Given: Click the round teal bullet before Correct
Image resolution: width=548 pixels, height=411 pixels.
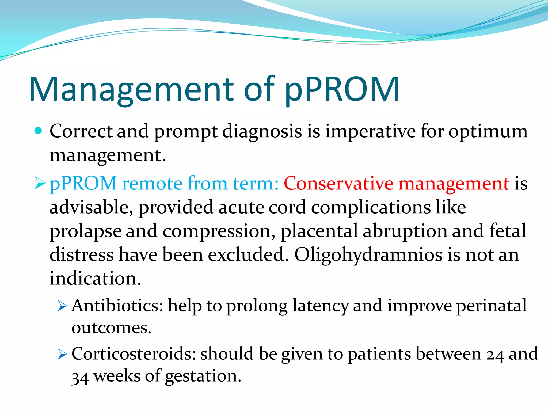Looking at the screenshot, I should (x=39, y=131).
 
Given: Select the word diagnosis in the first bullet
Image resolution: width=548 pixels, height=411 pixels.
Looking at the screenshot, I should (x=262, y=132).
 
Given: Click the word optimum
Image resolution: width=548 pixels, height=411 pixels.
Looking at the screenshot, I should (x=488, y=132).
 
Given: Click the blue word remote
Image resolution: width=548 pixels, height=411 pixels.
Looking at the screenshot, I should (x=152, y=184).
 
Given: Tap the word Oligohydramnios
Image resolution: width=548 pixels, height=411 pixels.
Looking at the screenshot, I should (x=368, y=254).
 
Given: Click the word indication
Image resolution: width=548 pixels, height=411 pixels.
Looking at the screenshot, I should (x=95, y=278).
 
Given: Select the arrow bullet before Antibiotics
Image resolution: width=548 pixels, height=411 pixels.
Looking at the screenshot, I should (x=62, y=306).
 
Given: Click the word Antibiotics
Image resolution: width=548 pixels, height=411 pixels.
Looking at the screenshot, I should (x=117, y=306).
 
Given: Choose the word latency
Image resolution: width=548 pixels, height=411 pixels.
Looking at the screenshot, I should (x=320, y=306).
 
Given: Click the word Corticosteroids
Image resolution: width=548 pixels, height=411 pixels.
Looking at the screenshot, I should (x=134, y=354).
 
